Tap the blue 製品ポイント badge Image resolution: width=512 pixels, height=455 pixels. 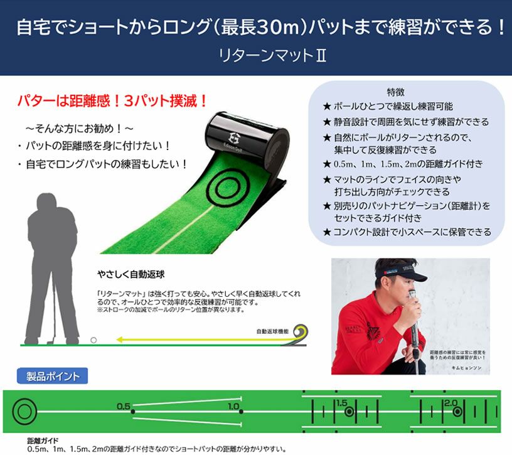[x=52, y=377]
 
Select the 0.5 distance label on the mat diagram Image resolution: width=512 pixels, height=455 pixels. [x=123, y=406]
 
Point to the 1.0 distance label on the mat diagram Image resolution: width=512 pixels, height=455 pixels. [x=234, y=406]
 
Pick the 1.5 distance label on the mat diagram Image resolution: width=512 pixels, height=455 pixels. [x=341, y=402]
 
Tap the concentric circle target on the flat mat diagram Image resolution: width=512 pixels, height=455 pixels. [x=25, y=412]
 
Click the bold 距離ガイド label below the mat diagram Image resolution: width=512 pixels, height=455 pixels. [x=43, y=441]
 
